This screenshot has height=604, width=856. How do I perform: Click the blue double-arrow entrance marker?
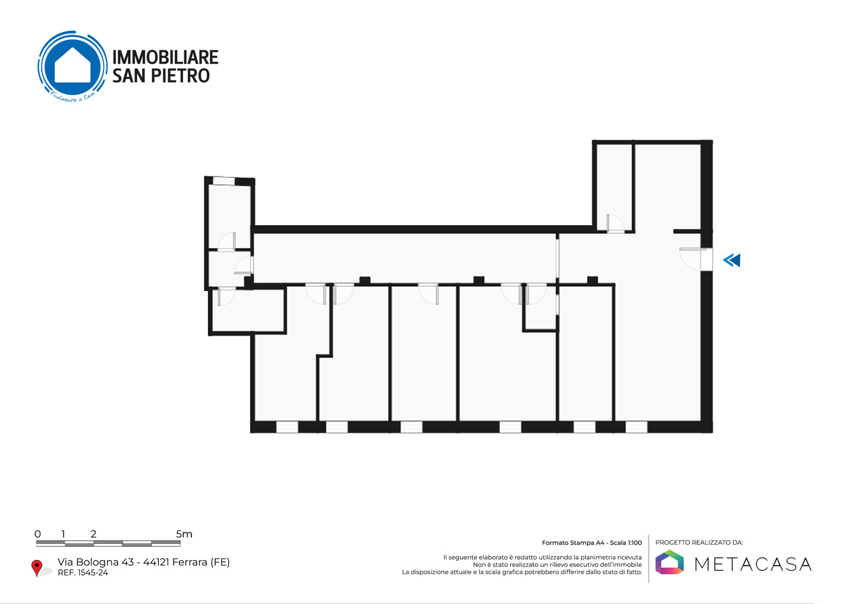(x=731, y=260)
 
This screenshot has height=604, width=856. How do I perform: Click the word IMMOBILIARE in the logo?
(x=165, y=57)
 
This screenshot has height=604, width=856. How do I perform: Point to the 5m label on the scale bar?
(x=184, y=534)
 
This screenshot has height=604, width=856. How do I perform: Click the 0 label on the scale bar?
(x=37, y=534)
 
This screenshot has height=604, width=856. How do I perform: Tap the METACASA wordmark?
(x=753, y=564)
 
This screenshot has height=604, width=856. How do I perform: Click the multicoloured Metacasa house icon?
(x=669, y=562)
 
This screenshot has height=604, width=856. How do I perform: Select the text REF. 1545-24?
(x=83, y=573)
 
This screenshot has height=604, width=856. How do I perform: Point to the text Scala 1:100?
(x=626, y=543)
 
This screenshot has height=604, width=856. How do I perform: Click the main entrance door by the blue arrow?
(x=706, y=259)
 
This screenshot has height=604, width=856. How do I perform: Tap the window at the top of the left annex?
(x=224, y=181)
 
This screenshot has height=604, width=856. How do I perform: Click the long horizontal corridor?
(x=404, y=258)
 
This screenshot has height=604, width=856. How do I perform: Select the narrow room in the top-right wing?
(x=614, y=187)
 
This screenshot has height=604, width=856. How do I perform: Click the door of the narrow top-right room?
(x=615, y=224)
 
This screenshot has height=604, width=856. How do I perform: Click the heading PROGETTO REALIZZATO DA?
(x=699, y=542)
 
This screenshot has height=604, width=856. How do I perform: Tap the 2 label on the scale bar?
(x=93, y=534)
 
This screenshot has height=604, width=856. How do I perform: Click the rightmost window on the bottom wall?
(x=636, y=427)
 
